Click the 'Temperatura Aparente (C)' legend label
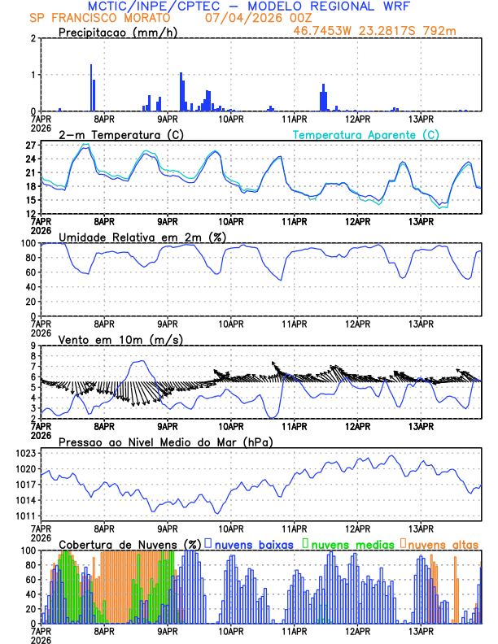(365, 134)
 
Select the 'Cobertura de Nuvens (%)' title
(130, 543)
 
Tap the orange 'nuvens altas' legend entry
(442, 543)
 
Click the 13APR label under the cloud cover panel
(420, 630)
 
